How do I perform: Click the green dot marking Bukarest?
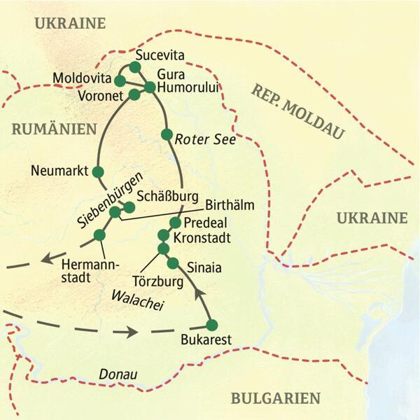212,325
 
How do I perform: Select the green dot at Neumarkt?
98,171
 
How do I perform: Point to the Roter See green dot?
166,134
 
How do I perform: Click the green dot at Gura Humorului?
149,87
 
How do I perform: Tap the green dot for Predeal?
175,222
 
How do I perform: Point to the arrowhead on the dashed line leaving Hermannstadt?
48,258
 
